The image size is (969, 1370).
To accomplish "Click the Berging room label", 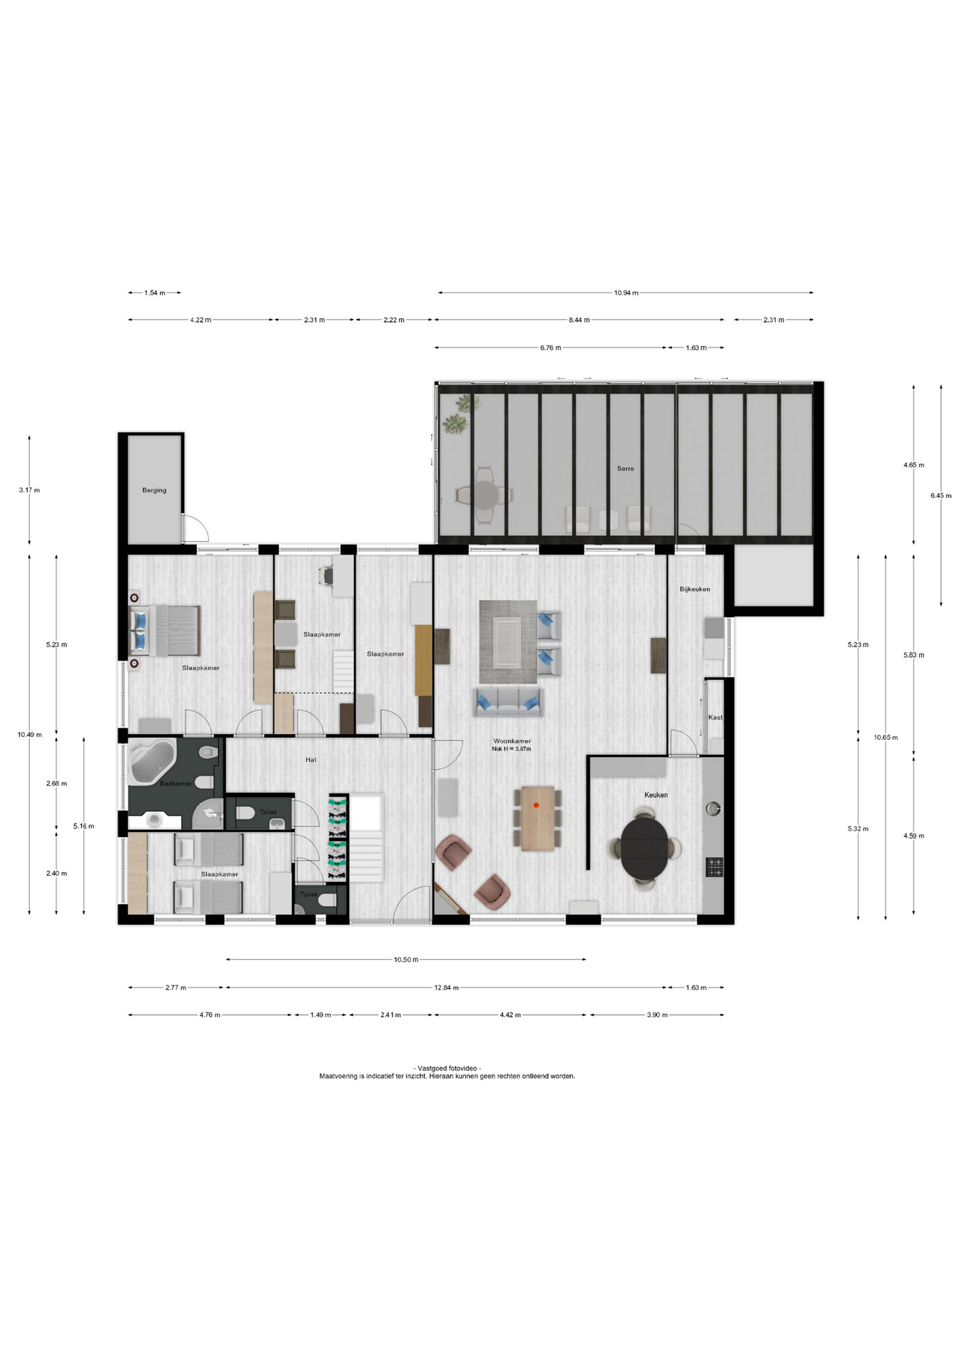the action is pos(154,490).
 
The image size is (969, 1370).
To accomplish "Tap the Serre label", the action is pos(625,469).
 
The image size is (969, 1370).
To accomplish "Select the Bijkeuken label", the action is pos(694,589).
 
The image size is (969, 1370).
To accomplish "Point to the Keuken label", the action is pos(656,795).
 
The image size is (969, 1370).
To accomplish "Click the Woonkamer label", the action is pos(512,741).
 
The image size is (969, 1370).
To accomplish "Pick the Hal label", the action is pos(310,760).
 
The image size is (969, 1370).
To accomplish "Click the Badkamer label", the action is pos(176,783).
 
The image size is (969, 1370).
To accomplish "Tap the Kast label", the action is pos(715,717).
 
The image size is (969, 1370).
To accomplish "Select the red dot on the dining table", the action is pos(537,805).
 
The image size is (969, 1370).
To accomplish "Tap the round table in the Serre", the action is pos(487,494).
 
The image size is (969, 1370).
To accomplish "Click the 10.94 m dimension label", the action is pos(626,293).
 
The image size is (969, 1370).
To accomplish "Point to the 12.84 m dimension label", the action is pos(446,988).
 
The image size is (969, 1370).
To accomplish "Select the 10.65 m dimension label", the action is pos(886,738).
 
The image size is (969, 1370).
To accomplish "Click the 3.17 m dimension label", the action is pos(29,490).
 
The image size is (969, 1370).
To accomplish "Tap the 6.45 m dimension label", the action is pos(940,495).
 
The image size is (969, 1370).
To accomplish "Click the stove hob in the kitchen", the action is pos(714,867).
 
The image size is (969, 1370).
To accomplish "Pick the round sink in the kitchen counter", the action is pos(713,808).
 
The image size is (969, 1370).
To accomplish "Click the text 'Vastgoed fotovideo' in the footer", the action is pos(447,1068).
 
